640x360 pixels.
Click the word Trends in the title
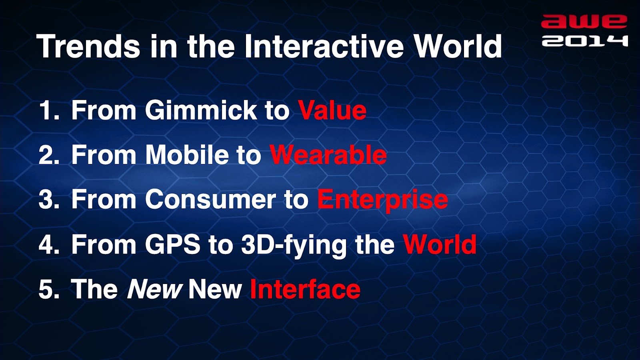(88, 46)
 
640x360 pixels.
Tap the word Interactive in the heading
(324, 46)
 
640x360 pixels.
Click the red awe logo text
(584, 22)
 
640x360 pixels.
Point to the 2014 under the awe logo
(585, 40)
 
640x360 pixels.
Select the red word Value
(332, 110)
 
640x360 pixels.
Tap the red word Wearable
(328, 155)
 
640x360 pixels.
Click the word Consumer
(210, 200)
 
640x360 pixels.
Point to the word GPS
(172, 244)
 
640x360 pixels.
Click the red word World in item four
(440, 244)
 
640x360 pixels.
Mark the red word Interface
(305, 289)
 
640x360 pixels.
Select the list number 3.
(49, 200)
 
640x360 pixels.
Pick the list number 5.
(49, 290)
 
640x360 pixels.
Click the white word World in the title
(458, 46)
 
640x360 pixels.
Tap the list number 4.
(49, 244)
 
